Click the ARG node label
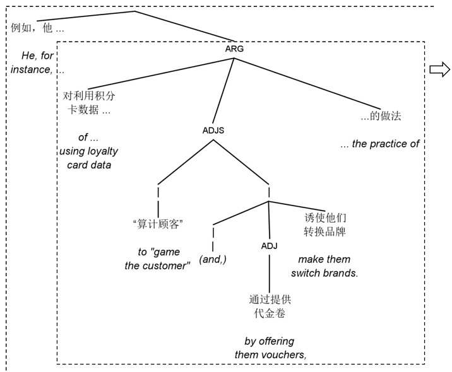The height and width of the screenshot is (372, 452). pos(234,49)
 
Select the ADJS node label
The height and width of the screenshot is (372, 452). pos(213,131)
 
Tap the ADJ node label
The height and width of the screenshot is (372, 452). pos(270,245)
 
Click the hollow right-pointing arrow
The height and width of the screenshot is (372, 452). pos(439,71)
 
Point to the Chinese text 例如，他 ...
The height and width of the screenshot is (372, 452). pos(38,28)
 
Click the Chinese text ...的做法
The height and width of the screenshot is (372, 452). pos(381,116)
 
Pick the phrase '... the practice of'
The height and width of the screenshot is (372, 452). pos(379,144)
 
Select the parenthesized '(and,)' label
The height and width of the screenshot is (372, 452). pos(213,259)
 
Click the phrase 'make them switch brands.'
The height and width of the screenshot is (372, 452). pos(324,266)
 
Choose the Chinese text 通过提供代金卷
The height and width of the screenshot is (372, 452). pos(270,305)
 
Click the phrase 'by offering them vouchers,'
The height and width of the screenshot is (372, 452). pos(270,347)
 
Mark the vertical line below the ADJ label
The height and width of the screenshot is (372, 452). pos(270,271)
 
